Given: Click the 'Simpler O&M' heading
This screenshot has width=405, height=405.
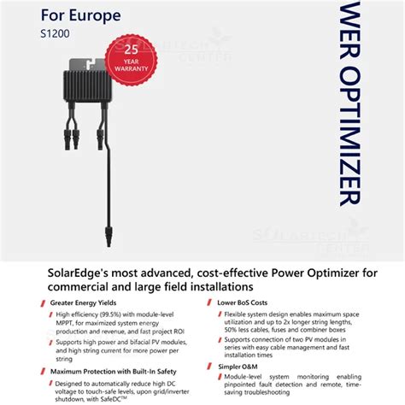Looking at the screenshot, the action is click(239, 365).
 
